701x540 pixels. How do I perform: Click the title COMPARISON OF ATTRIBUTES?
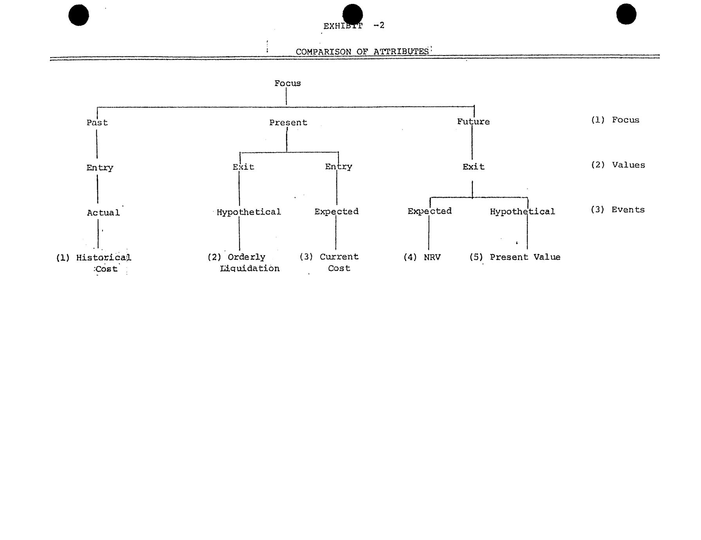[362, 52]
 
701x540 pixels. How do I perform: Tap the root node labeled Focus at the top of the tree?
[288, 83]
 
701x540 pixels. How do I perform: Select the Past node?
[97, 122]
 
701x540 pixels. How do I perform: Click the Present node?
[288, 122]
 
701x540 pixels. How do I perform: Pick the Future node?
[473, 122]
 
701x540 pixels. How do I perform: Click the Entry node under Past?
[100, 168]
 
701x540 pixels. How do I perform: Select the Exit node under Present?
[243, 167]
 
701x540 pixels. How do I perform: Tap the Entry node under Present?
[339, 167]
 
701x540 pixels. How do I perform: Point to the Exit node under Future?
[474, 167]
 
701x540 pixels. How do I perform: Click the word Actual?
[103, 213]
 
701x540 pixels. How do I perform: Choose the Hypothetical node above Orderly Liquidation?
[249, 212]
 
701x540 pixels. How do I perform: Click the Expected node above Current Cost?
[337, 212]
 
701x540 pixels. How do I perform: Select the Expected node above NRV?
[430, 211]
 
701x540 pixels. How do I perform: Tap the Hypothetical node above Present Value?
[523, 212]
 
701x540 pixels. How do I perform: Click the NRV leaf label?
[432, 257]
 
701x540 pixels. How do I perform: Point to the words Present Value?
[525, 257]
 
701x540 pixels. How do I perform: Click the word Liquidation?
[250, 268]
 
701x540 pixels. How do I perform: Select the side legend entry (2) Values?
[618, 165]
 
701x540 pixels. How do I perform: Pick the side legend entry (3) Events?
[618, 210]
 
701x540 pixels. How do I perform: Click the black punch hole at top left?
[79, 15]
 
